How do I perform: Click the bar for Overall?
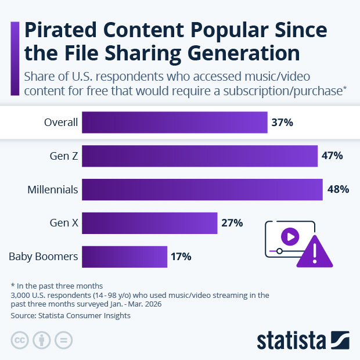pyautogui.click(x=175, y=123)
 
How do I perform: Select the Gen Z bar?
pyautogui.click(x=200, y=156)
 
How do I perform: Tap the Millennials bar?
pyautogui.click(x=202, y=189)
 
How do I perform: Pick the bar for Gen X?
pyautogui.click(x=150, y=223)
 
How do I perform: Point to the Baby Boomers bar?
pyautogui.click(x=125, y=257)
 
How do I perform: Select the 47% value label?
pyautogui.click(x=332, y=156)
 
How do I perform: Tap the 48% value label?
pyautogui.click(x=337, y=189)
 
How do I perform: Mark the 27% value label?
pyautogui.click(x=232, y=223)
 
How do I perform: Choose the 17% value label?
pyautogui.click(x=181, y=257)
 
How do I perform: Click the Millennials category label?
pyautogui.click(x=52, y=189)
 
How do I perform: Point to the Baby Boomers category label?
pyautogui.click(x=44, y=257)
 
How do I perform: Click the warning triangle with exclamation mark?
pyautogui.click(x=315, y=252)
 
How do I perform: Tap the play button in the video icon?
pyautogui.click(x=290, y=236)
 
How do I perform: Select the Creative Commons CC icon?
pyautogui.click(x=20, y=340)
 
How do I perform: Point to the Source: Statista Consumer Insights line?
pyautogui.click(x=70, y=316)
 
